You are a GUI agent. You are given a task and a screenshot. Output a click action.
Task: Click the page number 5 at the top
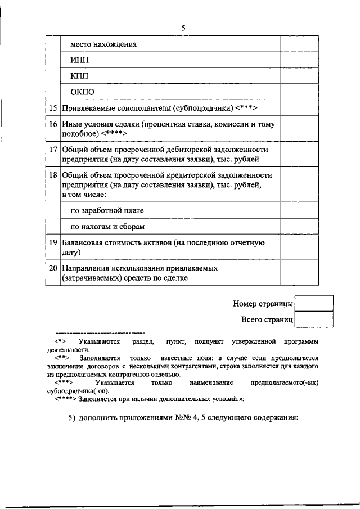click(183, 28)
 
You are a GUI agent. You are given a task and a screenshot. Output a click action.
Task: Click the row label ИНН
click(79, 60)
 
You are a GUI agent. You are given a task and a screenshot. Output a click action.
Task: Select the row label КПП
click(79, 75)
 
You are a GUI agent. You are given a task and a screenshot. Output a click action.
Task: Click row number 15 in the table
click(53, 107)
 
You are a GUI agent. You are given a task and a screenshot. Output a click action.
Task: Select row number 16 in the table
click(53, 123)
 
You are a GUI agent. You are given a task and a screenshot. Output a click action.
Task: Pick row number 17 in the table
click(53, 150)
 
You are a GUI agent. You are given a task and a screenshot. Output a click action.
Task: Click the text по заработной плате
click(107, 210)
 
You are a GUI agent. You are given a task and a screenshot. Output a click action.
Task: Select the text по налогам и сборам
click(107, 227)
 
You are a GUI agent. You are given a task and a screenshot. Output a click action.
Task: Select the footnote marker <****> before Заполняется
click(66, 399)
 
